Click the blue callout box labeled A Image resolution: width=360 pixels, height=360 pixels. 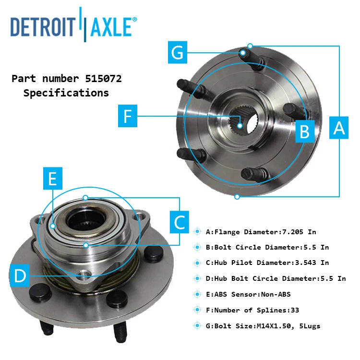click(x=339, y=128)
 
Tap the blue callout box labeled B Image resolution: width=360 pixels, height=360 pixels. click(x=304, y=131)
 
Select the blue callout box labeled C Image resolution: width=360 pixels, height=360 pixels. click(x=179, y=222)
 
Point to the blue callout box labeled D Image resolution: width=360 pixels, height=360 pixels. click(x=20, y=276)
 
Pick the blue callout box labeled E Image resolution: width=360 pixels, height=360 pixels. click(x=52, y=179)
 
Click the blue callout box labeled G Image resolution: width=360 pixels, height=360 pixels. click(x=178, y=52)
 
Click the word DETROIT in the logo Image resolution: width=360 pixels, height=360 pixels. click(x=43, y=27)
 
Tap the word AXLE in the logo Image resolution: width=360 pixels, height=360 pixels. click(x=110, y=27)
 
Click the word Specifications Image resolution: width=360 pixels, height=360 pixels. click(x=66, y=93)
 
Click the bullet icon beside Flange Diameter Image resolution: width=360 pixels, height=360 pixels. click(x=197, y=232)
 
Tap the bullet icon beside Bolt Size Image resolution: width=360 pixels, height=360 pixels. click(x=197, y=326)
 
